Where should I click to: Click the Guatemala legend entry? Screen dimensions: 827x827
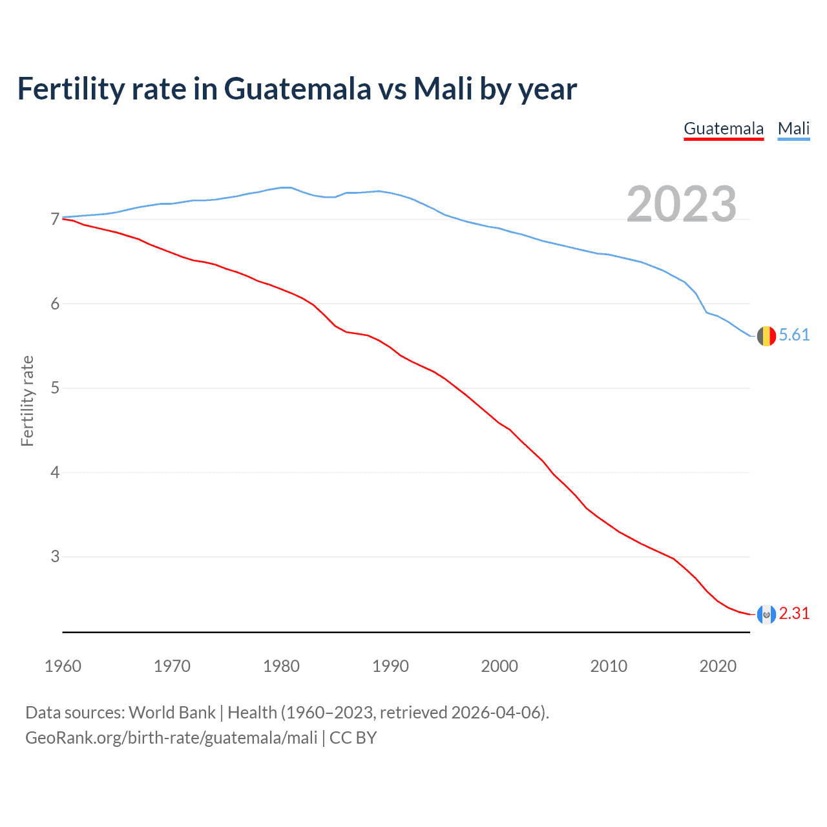click(724, 129)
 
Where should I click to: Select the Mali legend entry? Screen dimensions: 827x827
click(793, 129)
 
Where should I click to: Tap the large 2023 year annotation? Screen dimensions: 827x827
click(682, 204)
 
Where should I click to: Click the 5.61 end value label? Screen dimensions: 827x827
click(794, 335)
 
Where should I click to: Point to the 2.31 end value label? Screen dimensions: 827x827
click(794, 613)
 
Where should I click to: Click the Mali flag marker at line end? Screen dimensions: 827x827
click(766, 336)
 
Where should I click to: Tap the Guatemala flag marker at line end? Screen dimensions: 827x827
click(766, 614)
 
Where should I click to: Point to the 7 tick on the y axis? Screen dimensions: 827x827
click(55, 220)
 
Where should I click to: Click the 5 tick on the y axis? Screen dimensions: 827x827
click(55, 388)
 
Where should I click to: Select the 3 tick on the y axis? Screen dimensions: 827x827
click(55, 556)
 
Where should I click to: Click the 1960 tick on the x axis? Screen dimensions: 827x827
click(63, 666)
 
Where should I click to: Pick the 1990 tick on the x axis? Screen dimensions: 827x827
click(390, 666)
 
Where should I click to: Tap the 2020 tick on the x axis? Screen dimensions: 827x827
click(718, 666)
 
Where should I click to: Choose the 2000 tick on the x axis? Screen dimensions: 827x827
click(499, 666)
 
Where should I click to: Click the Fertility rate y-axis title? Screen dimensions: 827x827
click(27, 401)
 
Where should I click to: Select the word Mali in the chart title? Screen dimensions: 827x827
click(443, 89)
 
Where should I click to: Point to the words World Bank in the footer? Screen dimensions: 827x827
click(172, 713)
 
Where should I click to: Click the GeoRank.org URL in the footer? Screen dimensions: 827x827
click(171, 738)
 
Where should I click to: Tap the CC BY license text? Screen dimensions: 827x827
click(353, 738)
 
